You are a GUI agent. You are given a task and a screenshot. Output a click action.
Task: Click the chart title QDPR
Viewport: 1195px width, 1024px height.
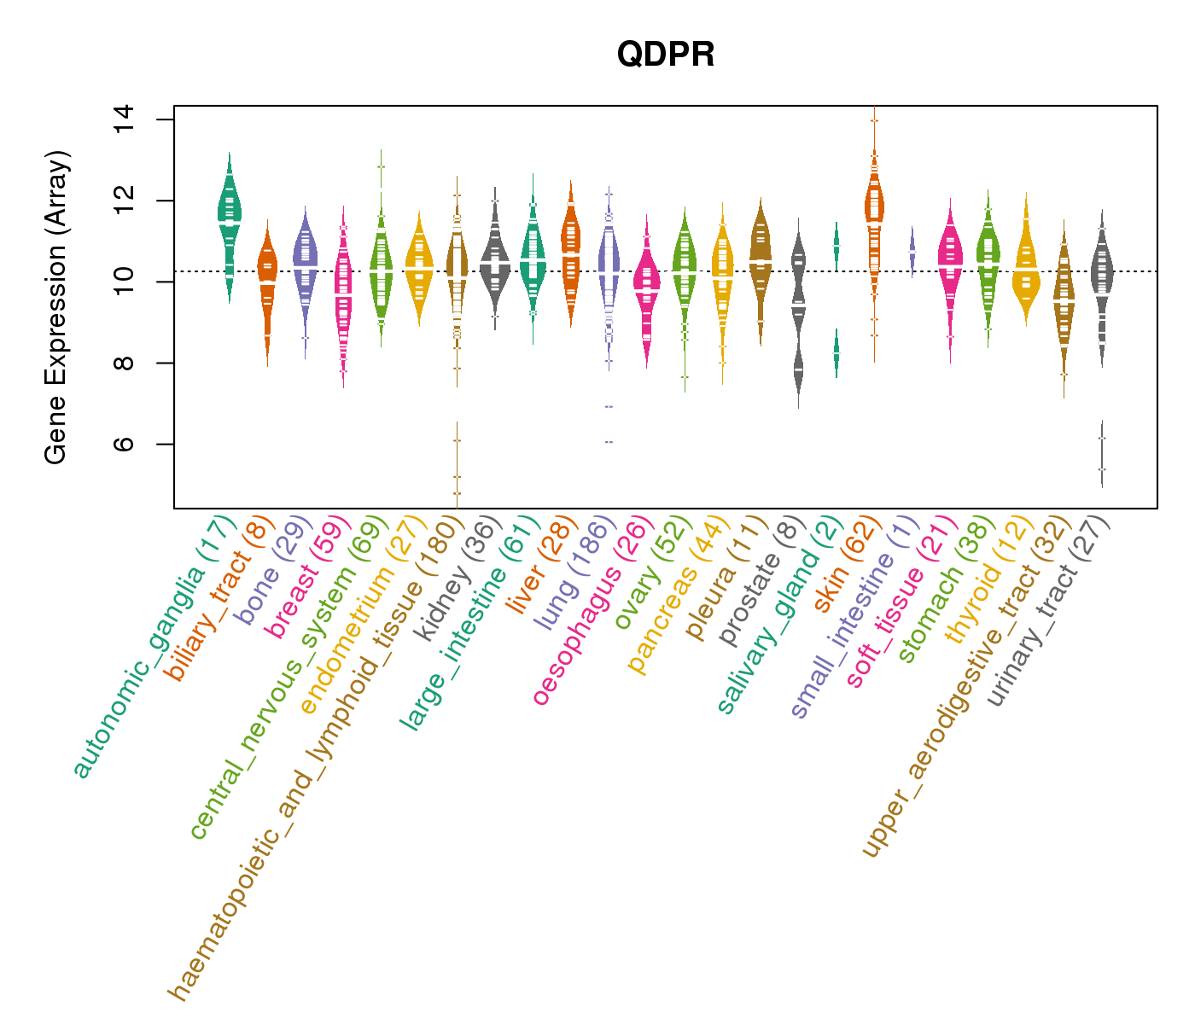click(666, 55)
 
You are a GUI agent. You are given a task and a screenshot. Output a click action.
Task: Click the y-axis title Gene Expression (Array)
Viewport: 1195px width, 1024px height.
click(56, 307)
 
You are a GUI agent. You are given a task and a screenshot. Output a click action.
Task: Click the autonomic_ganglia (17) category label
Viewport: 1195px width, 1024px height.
click(154, 649)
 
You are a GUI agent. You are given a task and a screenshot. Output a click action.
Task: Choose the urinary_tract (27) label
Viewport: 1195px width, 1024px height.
click(1050, 614)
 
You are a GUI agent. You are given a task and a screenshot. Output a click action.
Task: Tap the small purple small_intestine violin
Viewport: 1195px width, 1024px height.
click(912, 252)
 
